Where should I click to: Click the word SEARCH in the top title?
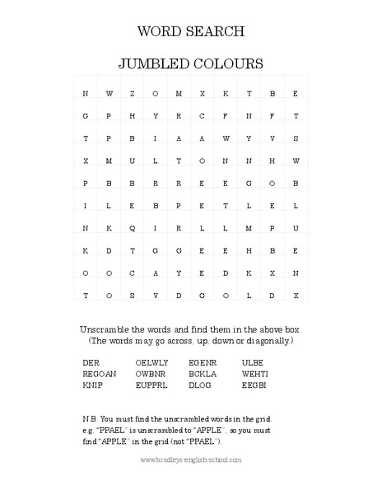click(x=217, y=32)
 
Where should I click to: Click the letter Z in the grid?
click(x=132, y=93)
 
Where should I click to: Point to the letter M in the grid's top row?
click(x=179, y=93)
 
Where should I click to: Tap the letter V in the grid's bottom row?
click(x=155, y=294)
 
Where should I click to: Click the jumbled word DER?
click(x=91, y=361)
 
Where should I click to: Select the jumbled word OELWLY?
click(x=150, y=361)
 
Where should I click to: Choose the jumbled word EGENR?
click(x=202, y=361)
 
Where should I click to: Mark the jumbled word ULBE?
click(x=251, y=361)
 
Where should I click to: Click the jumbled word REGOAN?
click(x=100, y=373)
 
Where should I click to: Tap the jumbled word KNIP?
click(x=92, y=384)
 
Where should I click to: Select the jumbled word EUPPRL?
click(x=150, y=384)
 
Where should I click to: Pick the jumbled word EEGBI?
click(x=254, y=384)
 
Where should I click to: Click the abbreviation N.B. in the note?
click(x=91, y=419)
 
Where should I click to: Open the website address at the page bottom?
click(x=191, y=459)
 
